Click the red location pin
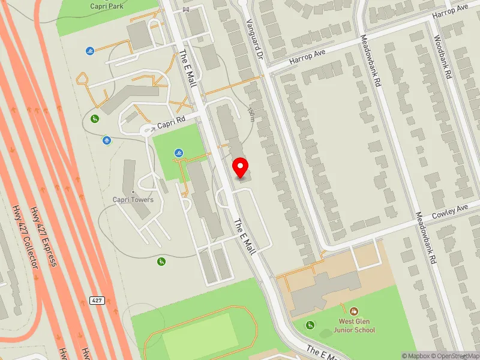click(x=241, y=167)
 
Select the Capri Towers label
click(x=133, y=200)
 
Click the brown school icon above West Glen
click(x=354, y=311)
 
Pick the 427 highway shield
click(x=97, y=299)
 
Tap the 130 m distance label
click(x=251, y=113)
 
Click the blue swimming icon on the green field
click(x=179, y=154)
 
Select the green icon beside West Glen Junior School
click(x=310, y=325)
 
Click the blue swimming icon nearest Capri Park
click(x=89, y=52)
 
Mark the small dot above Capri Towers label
click(x=133, y=192)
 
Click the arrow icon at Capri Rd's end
click(x=146, y=129)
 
